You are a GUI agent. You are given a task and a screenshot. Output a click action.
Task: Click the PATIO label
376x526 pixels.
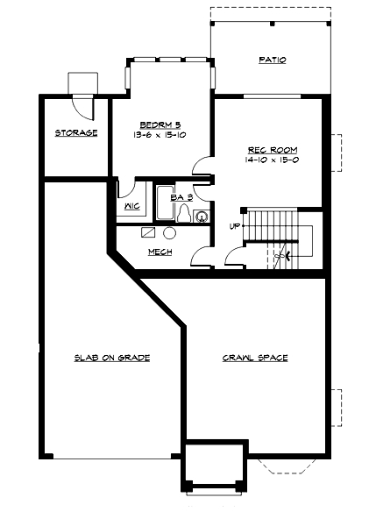click(272, 60)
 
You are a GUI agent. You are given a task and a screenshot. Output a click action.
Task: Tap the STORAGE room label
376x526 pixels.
click(76, 133)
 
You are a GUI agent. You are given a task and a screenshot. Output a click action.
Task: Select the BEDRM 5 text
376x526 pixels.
click(160, 124)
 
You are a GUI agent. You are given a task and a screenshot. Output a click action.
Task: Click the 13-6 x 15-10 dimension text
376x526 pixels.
click(160, 135)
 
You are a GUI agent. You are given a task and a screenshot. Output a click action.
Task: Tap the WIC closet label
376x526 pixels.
click(133, 207)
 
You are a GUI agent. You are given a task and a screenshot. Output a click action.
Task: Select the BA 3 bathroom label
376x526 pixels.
click(181, 198)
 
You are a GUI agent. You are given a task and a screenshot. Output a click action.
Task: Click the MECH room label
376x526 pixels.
click(159, 252)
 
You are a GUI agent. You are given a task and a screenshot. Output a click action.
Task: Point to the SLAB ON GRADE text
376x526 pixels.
click(111, 358)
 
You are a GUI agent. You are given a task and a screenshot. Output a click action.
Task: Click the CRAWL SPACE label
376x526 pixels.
click(255, 358)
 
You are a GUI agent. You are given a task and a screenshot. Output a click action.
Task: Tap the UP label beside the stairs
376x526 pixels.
click(234, 227)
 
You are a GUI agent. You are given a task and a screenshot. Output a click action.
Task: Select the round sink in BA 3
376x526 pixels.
click(202, 215)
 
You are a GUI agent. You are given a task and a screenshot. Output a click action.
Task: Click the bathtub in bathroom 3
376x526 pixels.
click(163, 203)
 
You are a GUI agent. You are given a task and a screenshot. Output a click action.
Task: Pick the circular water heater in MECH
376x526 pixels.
click(168, 234)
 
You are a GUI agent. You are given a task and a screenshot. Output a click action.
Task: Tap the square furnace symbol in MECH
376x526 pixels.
click(149, 233)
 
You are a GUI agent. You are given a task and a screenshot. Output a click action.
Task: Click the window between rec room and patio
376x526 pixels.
click(272, 95)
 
